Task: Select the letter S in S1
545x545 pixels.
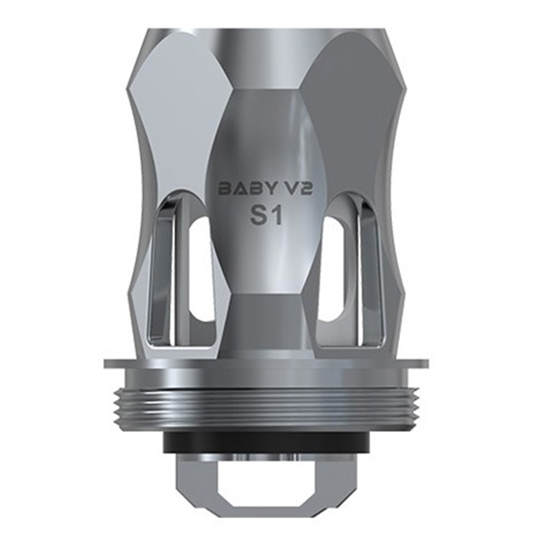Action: (x=258, y=216)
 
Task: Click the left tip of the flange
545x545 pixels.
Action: (x=107, y=364)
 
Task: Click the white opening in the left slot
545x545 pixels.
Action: (x=201, y=272)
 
